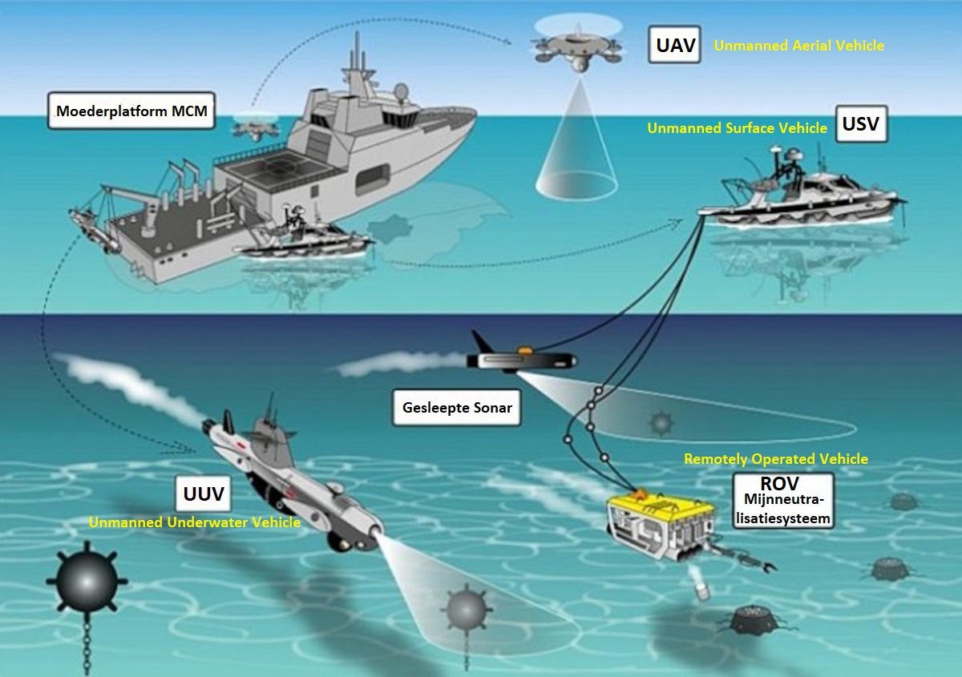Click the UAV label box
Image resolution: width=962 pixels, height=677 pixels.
pyautogui.click(x=674, y=45)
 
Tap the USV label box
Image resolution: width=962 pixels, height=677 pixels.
pyautogui.click(x=861, y=123)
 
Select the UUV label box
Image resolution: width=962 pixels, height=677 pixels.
pyautogui.click(x=203, y=494)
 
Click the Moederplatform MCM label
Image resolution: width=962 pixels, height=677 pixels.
pyautogui.click(x=131, y=111)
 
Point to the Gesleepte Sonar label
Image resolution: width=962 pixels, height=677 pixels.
pyautogui.click(x=456, y=408)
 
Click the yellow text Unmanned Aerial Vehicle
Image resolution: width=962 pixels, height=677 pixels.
pyautogui.click(x=798, y=46)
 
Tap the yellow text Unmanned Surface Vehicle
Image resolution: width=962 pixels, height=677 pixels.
pyautogui.click(x=737, y=128)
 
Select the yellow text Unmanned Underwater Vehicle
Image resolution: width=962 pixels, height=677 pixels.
pyautogui.click(x=194, y=522)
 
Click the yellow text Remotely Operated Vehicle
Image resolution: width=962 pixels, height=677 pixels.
pyautogui.click(x=776, y=459)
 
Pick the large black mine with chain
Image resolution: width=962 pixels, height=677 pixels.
pyautogui.click(x=87, y=582)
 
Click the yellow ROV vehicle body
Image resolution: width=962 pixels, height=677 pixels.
pyautogui.click(x=661, y=525)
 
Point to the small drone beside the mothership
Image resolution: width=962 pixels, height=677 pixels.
pyautogui.click(x=255, y=127)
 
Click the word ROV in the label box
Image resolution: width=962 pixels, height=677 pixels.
pyautogui.click(x=779, y=484)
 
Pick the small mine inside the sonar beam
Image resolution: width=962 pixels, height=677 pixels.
pyautogui.click(x=661, y=423)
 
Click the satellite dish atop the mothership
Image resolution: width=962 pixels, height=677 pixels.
pyautogui.click(x=401, y=91)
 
